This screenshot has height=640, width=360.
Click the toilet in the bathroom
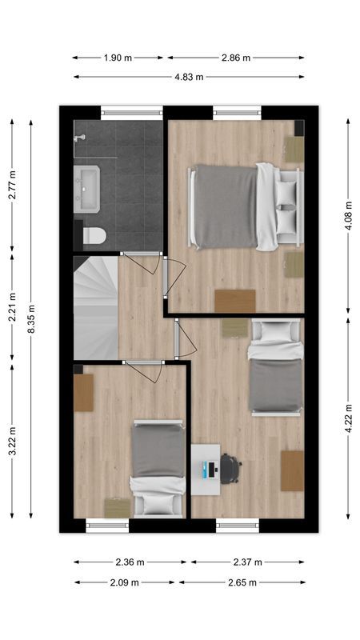94,235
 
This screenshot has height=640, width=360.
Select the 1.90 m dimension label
118,58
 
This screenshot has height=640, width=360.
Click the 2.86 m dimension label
235,58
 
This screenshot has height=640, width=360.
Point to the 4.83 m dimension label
188,77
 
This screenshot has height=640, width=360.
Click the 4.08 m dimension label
348,216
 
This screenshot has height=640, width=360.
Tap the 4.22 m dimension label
348,418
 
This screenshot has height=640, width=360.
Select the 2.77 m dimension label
12,184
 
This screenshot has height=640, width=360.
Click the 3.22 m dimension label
12,442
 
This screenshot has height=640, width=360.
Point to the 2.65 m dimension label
242,582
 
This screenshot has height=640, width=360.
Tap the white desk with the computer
206,466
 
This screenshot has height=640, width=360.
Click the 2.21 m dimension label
12,308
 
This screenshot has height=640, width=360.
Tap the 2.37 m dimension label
248,562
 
